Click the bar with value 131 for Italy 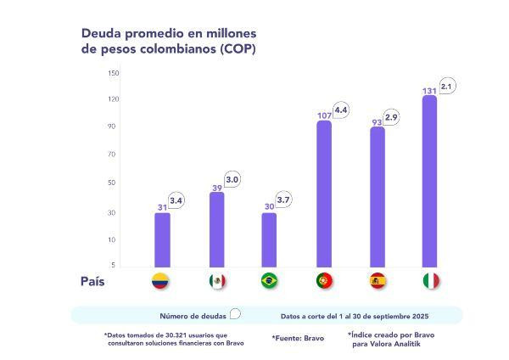430,183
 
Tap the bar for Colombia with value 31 162,240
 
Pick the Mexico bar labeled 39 216,230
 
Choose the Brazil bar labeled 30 269,240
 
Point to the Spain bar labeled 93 378,198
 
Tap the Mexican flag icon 216,281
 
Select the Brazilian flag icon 270,281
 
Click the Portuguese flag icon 324,281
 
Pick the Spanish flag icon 378,281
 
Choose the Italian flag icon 431,281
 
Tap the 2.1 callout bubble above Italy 448,87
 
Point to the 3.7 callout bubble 283,200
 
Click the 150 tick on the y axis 114,73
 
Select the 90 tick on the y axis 114,127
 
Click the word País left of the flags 93,281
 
